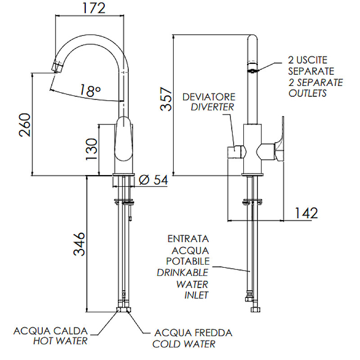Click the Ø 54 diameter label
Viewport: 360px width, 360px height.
pyautogui.click(x=153, y=180)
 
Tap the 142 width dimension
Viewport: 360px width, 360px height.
pyautogui.click(x=306, y=212)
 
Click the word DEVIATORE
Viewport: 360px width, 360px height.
pyautogui.click(x=209, y=97)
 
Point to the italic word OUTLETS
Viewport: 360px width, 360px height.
pyautogui.click(x=307, y=94)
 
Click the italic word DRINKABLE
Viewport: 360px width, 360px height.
pyautogui.click(x=183, y=273)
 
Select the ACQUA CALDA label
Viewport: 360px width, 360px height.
pyautogui.click(x=50, y=332)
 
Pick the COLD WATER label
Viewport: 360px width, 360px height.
pyautogui.click(x=184, y=344)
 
